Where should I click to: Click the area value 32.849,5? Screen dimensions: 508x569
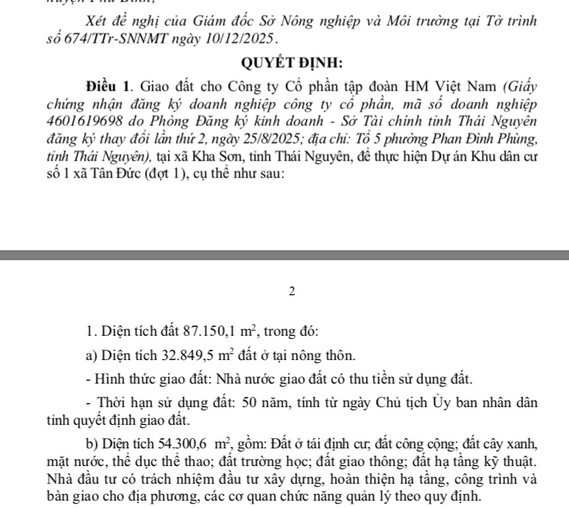tap(193, 356)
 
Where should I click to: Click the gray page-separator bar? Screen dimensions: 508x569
tap(284, 255)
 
